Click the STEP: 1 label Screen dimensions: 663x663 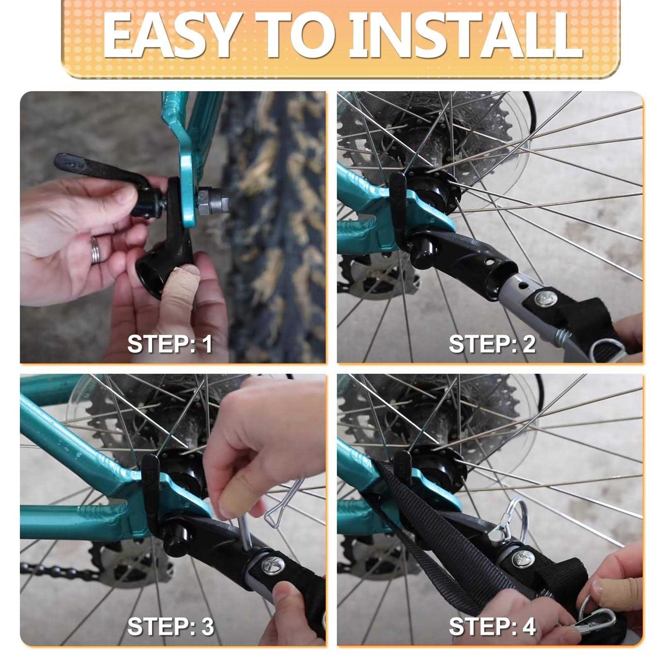(170, 344)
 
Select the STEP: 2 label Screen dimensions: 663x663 (492, 344)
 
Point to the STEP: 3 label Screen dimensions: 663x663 (170, 626)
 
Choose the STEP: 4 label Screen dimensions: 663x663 (492, 626)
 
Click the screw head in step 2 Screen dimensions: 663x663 (545, 298)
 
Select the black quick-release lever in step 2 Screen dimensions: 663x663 (398, 208)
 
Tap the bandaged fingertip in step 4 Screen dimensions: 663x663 (617, 592)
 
